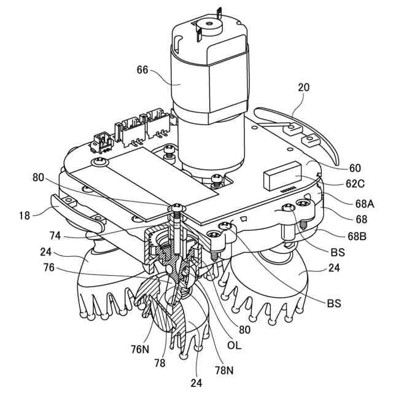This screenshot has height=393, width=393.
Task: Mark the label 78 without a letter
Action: coord(160,363)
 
